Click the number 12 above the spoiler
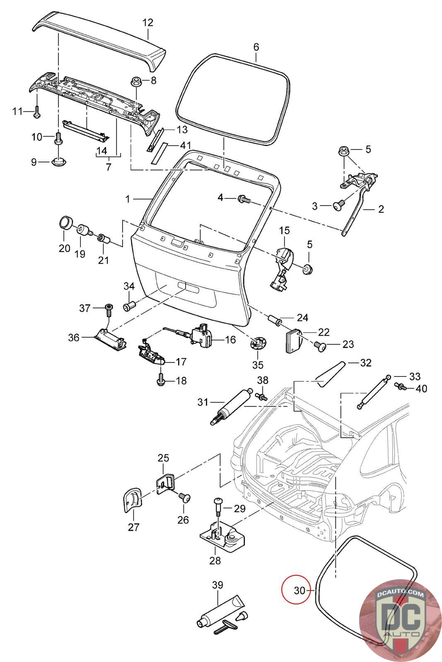(147, 22)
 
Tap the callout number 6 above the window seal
(256, 47)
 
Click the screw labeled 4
(243, 199)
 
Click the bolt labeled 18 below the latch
(161, 380)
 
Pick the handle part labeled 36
(109, 338)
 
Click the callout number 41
(185, 145)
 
